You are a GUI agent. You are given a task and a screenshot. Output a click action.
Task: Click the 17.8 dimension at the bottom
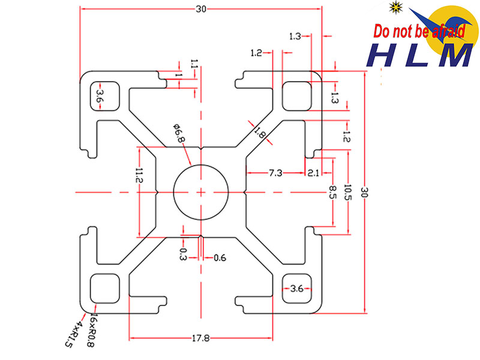pyautogui.click(x=200, y=338)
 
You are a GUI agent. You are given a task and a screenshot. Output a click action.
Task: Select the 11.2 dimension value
pyautogui.click(x=139, y=176)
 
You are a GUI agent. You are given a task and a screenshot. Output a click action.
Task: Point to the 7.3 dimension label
pyautogui.click(x=275, y=173)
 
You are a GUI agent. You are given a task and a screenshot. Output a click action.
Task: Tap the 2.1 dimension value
pyautogui.click(x=313, y=173)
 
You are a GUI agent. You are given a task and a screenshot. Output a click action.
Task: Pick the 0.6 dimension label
pyautogui.click(x=220, y=258)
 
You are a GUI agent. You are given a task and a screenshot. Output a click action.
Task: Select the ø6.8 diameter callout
pyautogui.click(x=179, y=133)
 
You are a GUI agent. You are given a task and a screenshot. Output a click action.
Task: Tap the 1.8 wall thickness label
pyautogui.click(x=259, y=131)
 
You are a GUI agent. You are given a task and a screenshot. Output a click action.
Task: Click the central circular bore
pyautogui.click(x=200, y=192)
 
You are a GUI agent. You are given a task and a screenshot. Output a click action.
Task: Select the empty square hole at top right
pyautogui.click(x=297, y=95)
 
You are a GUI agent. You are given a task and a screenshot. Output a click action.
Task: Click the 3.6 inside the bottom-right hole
pyautogui.click(x=296, y=289)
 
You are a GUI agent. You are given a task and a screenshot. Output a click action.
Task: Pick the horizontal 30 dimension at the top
pyautogui.click(x=200, y=8)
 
